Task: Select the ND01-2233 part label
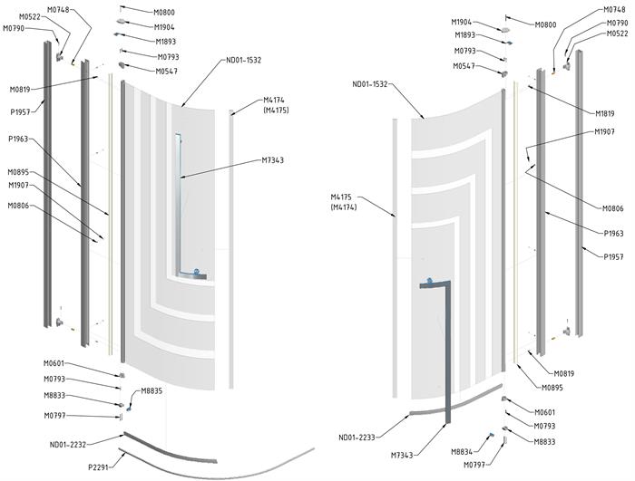click(357, 438)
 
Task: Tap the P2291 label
click(99, 467)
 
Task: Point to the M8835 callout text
click(151, 391)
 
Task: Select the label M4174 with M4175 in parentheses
click(276, 105)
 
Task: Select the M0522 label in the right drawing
click(618, 33)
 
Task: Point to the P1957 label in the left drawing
click(19, 113)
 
